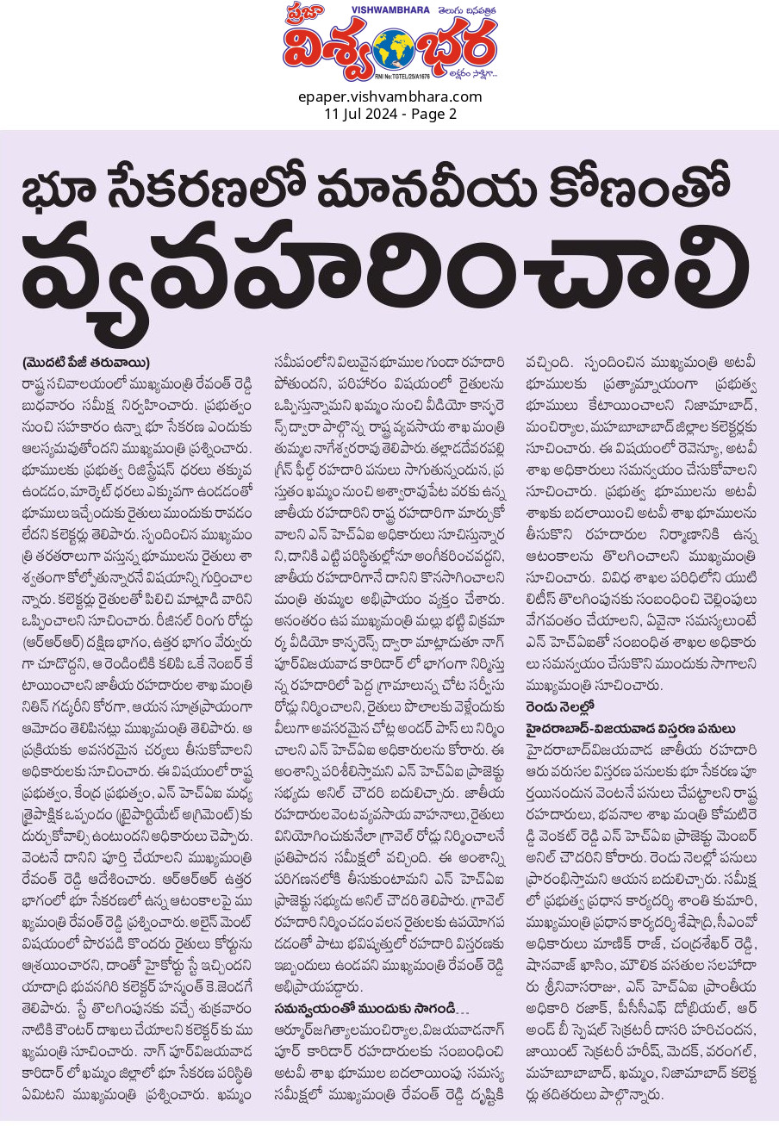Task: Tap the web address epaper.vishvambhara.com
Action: coord(389,96)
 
